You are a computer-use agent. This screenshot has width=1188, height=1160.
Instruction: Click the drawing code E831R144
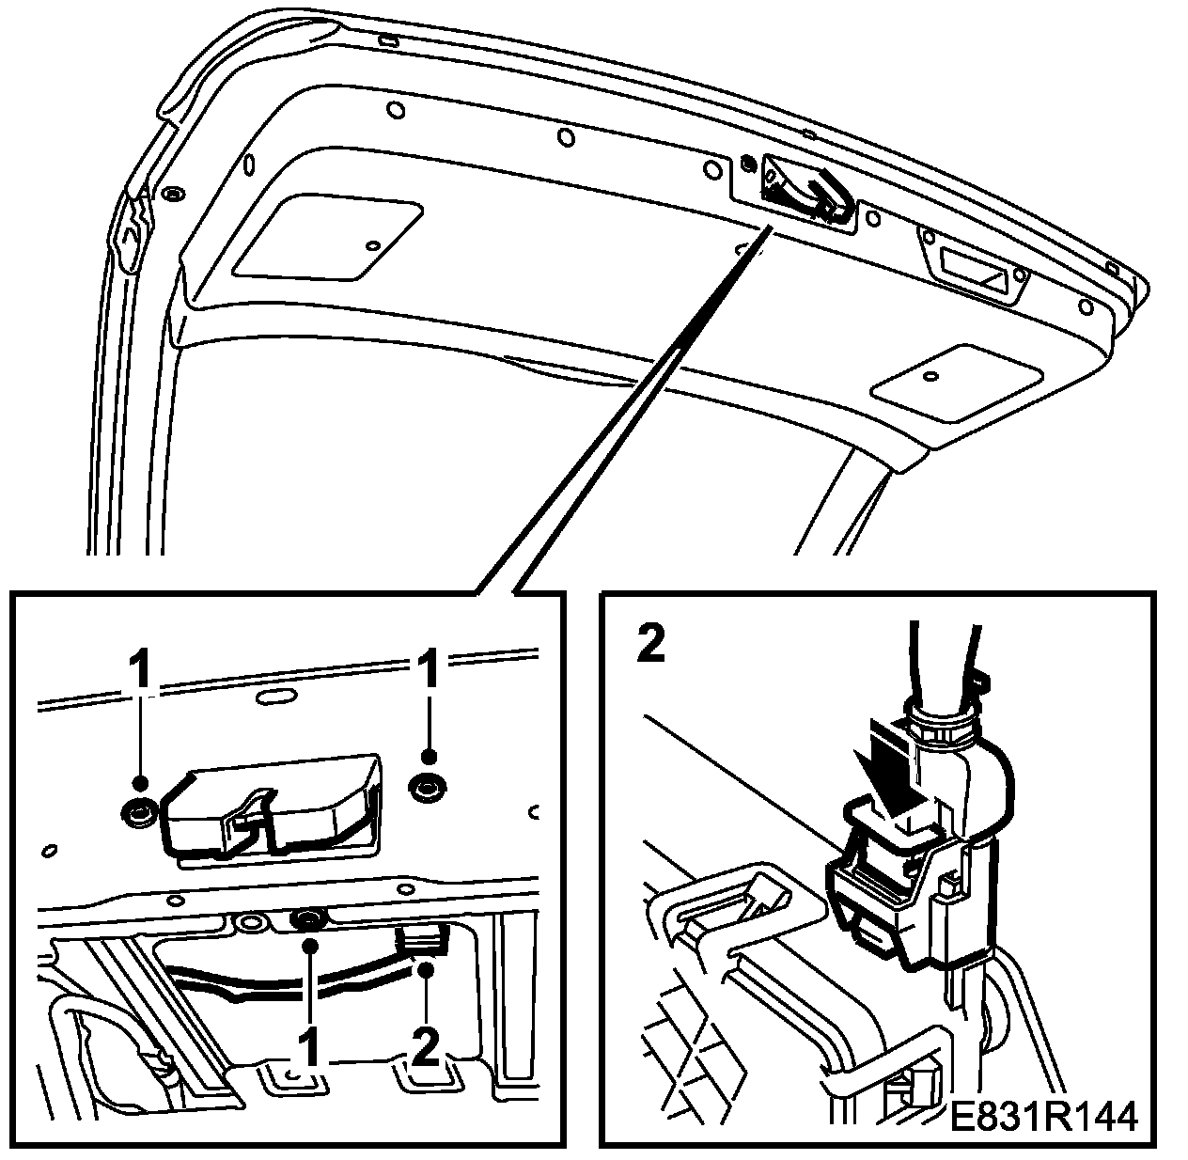coord(1043,1118)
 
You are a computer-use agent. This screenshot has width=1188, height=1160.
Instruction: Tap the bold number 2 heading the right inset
coord(649,644)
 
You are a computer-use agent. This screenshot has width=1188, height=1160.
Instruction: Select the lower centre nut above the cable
coord(307,920)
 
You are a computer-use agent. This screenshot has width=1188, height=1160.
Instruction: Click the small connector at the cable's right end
coord(422,938)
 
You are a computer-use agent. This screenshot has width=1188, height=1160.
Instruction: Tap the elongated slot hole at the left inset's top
coord(274,697)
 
